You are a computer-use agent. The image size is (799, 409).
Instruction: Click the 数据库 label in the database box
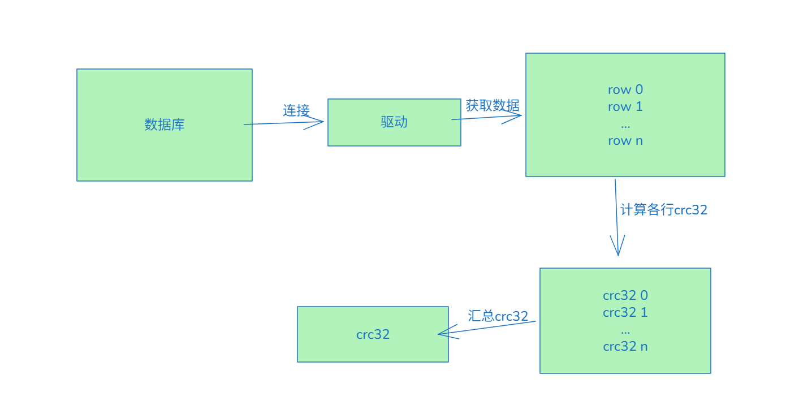click(x=164, y=124)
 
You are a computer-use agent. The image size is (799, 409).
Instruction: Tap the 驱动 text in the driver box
click(x=394, y=122)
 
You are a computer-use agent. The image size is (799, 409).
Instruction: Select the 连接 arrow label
click(x=296, y=110)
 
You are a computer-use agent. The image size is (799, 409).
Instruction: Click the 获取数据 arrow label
click(x=492, y=105)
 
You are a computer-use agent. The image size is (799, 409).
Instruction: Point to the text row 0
click(x=625, y=89)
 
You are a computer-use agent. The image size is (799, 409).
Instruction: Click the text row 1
click(x=625, y=106)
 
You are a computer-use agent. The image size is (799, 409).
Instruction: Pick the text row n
click(x=625, y=141)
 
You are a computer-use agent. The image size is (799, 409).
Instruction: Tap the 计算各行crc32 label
click(x=663, y=210)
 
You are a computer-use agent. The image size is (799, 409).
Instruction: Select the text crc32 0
click(x=625, y=295)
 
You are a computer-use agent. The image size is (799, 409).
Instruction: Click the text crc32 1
click(x=625, y=312)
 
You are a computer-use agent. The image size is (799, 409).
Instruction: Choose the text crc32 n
click(x=625, y=346)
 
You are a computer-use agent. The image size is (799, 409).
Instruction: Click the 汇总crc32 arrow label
click(x=498, y=316)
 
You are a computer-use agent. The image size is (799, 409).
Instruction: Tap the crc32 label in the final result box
click(x=373, y=334)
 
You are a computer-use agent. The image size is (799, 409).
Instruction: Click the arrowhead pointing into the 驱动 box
click(x=320, y=121)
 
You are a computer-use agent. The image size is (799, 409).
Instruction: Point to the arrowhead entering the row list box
click(x=517, y=116)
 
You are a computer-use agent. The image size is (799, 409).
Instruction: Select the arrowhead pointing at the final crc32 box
click(x=442, y=334)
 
